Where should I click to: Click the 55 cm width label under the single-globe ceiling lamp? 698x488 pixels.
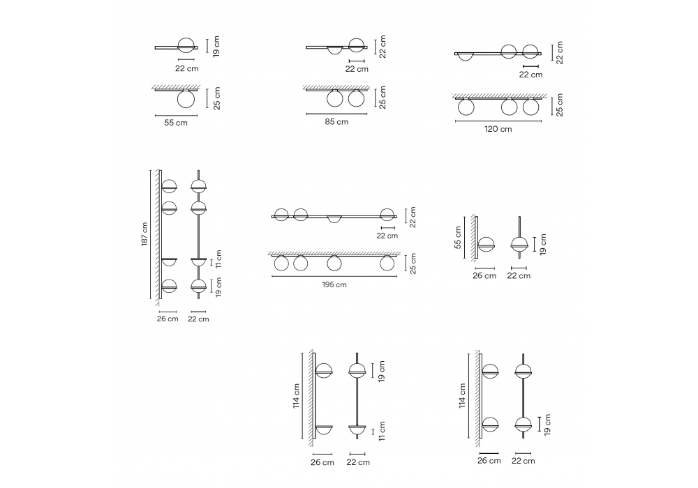click(176, 123)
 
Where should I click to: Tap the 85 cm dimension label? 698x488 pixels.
click(336, 122)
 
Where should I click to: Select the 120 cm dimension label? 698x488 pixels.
click(498, 129)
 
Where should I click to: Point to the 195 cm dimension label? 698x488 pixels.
click(334, 284)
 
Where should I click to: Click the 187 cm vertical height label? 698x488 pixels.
click(144, 234)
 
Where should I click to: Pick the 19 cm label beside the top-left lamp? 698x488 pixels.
click(216, 46)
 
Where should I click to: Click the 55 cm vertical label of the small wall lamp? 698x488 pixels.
click(458, 237)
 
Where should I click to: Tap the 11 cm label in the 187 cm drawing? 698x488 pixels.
click(218, 259)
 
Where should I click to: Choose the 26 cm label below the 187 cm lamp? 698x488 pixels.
click(168, 319)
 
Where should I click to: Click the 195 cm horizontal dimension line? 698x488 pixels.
click(334, 277)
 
